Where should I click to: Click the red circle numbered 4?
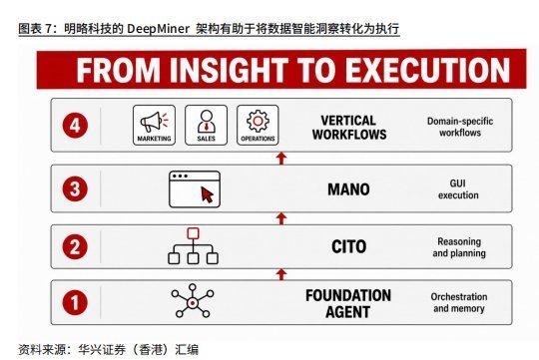tap(75, 125)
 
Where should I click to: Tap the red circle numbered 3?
tap(75, 188)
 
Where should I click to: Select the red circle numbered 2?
tap(75, 246)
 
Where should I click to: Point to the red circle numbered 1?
tap(75, 302)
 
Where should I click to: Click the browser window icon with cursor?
tap(195, 189)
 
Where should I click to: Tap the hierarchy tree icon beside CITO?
tap(193, 246)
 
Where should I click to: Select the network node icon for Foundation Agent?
tap(193, 301)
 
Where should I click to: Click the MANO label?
tap(348, 189)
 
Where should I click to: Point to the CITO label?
tap(349, 246)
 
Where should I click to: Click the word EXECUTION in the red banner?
tap(427, 70)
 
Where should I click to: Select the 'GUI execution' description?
tap(458, 189)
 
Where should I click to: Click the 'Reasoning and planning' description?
tap(459, 247)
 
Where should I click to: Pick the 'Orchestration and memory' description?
tap(459, 302)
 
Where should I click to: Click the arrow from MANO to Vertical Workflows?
tap(281, 159)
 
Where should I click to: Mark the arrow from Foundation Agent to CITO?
tap(281, 274)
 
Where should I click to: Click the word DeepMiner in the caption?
tap(158, 29)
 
